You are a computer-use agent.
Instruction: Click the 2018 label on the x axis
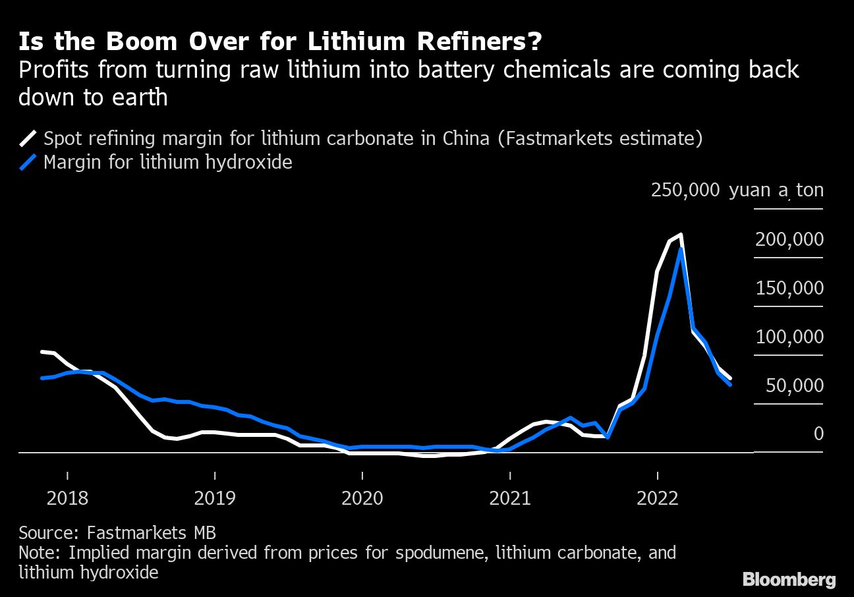[67, 497]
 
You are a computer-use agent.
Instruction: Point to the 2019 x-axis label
[215, 497]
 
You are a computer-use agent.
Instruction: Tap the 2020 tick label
[362, 497]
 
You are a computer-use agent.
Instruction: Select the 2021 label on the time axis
[510, 497]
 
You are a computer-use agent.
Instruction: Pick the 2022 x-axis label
[658, 497]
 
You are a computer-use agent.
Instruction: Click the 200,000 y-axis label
[789, 239]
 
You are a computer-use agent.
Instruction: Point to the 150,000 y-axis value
[789, 288]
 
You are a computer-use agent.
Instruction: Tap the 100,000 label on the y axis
[789, 337]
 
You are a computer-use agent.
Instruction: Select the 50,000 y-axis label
[794, 385]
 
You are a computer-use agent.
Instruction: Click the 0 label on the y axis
[818, 434]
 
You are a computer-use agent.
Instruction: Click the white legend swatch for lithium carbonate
[28, 138]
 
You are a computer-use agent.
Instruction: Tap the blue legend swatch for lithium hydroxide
[28, 162]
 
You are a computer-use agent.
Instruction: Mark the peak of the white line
[679, 235]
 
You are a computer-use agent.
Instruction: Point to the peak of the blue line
[679, 250]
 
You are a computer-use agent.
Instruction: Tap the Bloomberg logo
[789, 579]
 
